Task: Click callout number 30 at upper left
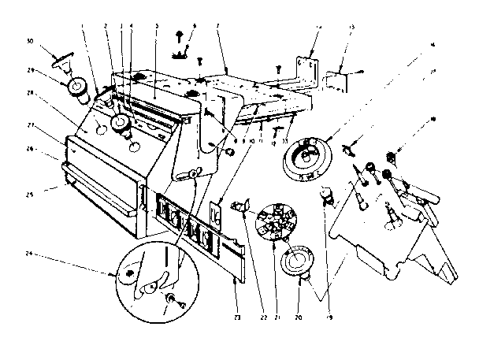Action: tap(29, 40)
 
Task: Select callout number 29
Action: tap(29, 71)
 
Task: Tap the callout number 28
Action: tap(29, 93)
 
